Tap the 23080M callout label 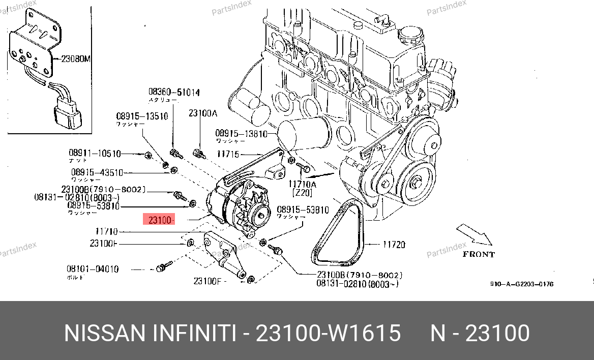[75, 58]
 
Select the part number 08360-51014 [174, 93]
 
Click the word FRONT [478, 254]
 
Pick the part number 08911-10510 [95, 153]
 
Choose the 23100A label [203, 113]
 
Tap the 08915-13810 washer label [241, 133]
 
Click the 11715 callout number [228, 154]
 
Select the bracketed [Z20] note [302, 193]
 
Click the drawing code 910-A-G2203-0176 [521, 284]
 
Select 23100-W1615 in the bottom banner [328, 334]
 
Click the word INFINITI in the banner [194, 334]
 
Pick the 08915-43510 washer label [97, 172]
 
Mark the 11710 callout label [107, 231]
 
